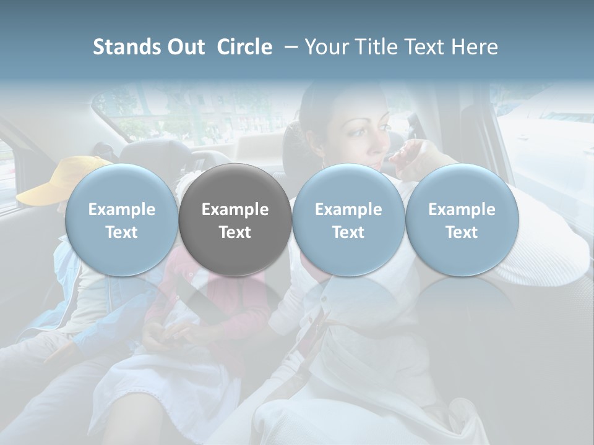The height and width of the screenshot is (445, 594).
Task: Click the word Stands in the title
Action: pyautogui.click(x=127, y=47)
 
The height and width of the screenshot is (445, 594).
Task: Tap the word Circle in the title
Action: pyautogui.click(x=244, y=47)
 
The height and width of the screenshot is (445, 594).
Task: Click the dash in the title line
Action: pyautogui.click(x=288, y=47)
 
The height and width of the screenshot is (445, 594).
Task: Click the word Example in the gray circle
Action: pyautogui.click(x=235, y=210)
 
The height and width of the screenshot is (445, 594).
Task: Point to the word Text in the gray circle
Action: pyautogui.click(x=235, y=232)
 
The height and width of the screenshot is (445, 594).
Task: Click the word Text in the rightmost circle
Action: pyautogui.click(x=462, y=232)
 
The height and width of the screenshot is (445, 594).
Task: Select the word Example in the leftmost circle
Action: pyautogui.click(x=121, y=210)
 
